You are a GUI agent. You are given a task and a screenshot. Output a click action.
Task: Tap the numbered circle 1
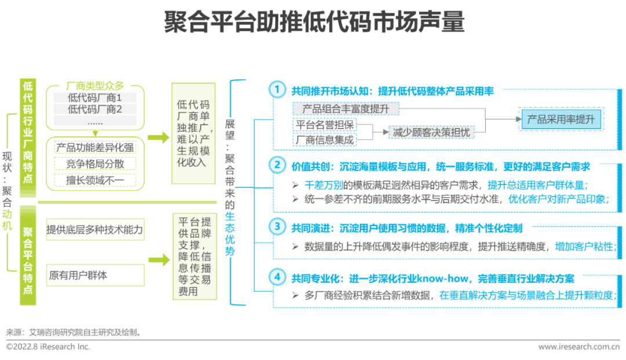pos(278,89)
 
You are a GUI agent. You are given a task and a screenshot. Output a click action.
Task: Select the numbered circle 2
pos(278,165)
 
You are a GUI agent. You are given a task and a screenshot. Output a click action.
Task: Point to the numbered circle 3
pos(278,227)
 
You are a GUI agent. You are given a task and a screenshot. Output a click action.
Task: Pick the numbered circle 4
pos(278,277)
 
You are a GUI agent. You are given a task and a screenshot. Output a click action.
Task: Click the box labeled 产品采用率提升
pos(561,120)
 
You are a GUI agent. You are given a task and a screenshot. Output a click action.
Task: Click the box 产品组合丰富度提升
pos(346,109)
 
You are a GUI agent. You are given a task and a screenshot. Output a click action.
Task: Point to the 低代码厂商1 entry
pos(95,97)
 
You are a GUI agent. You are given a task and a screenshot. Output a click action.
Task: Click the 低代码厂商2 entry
pos(95,109)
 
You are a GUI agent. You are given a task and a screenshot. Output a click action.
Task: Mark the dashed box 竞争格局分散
pos(95,163)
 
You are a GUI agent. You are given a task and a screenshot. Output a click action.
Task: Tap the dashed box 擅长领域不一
pos(95,180)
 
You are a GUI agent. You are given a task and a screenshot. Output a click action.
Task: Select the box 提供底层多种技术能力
pos(94,230)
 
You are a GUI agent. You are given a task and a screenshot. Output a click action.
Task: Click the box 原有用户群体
pos(94,275)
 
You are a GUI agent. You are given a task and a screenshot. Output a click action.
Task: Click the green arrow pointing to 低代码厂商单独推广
pos(156,137)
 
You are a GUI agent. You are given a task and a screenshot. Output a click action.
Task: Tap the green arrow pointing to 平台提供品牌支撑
pos(156,261)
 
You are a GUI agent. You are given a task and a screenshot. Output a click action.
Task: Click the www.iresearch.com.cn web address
pos(578,347)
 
